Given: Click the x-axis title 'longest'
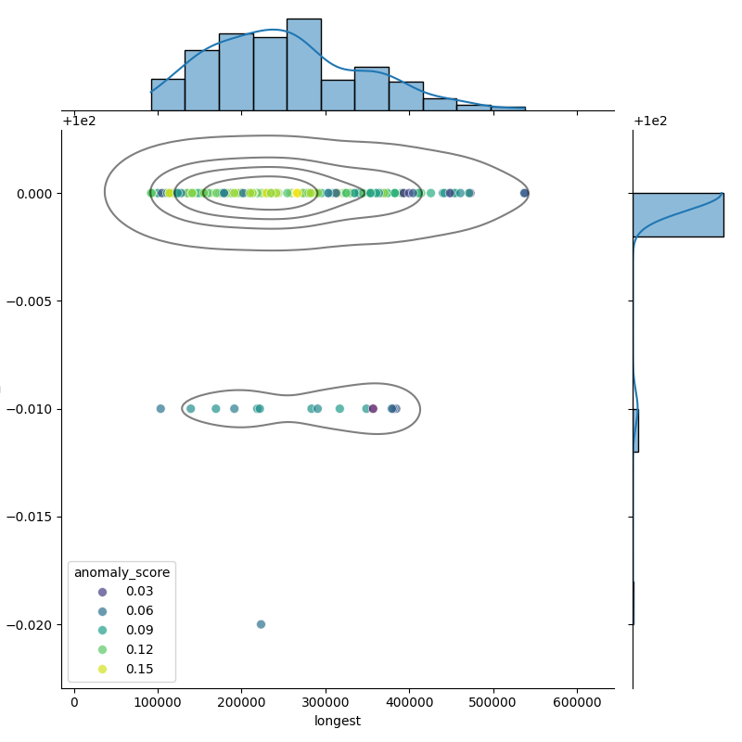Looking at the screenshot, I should click(x=338, y=721).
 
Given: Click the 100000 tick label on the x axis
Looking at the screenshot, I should click(x=158, y=703).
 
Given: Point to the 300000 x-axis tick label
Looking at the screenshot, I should click(x=326, y=703).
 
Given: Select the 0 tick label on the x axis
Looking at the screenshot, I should click(x=74, y=703).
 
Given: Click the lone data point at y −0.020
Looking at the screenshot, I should click(x=261, y=624).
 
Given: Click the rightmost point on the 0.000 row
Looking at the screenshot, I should click(x=524, y=193).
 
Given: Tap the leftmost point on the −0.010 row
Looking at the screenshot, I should click(x=160, y=408).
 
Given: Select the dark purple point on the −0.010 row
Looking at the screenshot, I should click(x=373, y=408).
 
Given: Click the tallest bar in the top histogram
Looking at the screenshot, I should click(x=304, y=65).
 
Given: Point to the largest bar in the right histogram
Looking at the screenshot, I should click(x=677, y=214).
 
